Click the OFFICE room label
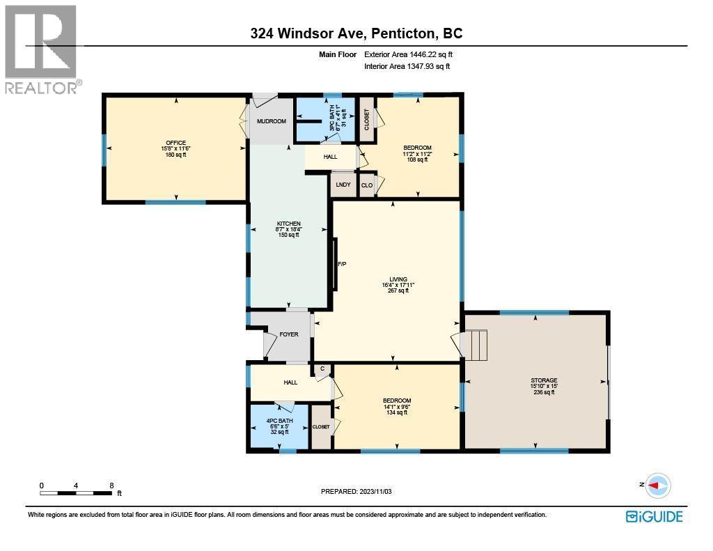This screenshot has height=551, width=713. [x=175, y=143]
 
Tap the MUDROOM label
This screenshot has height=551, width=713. [x=271, y=121]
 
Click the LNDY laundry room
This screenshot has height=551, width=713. [x=343, y=185]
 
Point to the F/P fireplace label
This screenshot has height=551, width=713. [x=342, y=265]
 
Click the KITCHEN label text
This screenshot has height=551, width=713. [x=288, y=224]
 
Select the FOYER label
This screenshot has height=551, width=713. [x=289, y=334]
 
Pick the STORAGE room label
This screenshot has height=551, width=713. [x=544, y=381]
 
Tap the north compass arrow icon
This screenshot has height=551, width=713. [x=657, y=485]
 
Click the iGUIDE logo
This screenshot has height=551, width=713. [x=654, y=516]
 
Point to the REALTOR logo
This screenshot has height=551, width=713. [x=41, y=49]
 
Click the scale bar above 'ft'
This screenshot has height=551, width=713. [x=76, y=493]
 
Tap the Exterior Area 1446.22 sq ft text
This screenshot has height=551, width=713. [x=410, y=54]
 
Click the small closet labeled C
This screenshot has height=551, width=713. [x=322, y=369]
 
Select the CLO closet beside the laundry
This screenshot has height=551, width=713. [x=366, y=185]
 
